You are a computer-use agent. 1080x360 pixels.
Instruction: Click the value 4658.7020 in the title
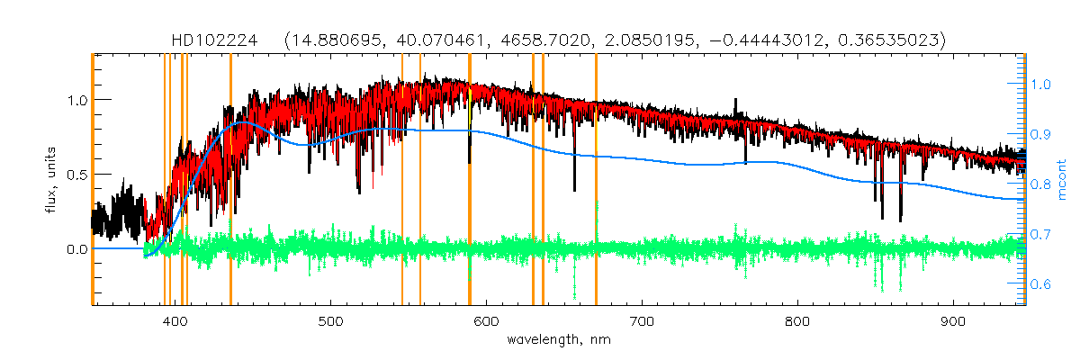coord(519,40)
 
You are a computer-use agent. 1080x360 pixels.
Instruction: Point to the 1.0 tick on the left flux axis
coord(76,99)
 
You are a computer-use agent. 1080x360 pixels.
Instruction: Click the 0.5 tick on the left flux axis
coord(76,174)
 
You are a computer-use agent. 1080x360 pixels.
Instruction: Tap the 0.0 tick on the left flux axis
coord(76,248)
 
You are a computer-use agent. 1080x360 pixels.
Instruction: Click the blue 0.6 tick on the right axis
coord(1040,284)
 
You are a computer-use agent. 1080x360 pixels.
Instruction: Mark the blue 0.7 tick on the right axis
coord(1040,234)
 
